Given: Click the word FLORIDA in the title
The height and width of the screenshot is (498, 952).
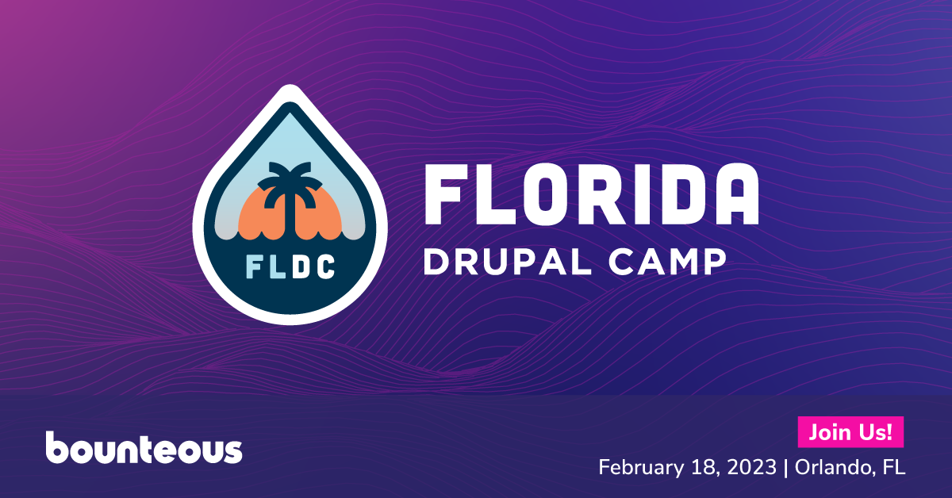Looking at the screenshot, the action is pos(592,193).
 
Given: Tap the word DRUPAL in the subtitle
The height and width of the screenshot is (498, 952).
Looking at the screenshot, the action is pos(508,262).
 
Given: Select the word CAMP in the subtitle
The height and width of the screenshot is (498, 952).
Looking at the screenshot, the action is pos(667,262).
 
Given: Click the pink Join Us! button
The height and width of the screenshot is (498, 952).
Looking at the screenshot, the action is pos(850,432).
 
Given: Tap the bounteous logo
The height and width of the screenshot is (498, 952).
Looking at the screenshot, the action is pos(144,447).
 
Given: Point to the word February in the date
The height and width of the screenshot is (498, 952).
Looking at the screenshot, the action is pos(641,468).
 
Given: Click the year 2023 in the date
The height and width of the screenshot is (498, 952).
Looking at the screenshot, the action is pos(752,467).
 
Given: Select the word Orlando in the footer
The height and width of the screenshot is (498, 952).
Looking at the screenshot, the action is pos(835,467).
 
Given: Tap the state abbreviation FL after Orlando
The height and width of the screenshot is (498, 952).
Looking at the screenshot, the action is pos(894,467).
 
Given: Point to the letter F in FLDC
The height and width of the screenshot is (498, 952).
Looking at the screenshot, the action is pos(255,267).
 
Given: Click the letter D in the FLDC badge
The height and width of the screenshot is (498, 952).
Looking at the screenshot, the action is pos(301,267).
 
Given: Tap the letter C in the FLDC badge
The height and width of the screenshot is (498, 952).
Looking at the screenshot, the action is pos(325,267).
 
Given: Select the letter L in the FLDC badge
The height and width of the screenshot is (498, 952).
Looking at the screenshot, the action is pos(277,267).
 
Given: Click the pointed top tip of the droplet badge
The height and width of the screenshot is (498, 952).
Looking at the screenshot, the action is pos(290,85).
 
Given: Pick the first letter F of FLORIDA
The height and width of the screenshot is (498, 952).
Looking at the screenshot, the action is pos(447,193).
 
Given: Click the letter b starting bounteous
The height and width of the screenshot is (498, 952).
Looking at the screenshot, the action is pos(57,447).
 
